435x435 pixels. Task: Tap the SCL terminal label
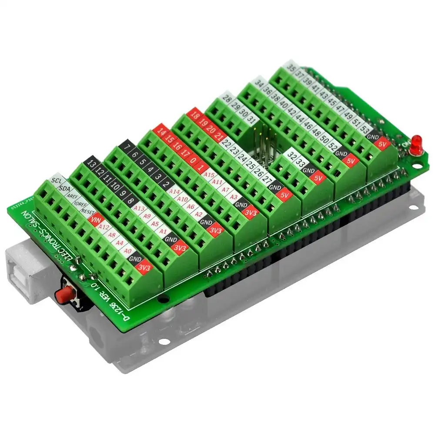pyautogui.click(x=56, y=180)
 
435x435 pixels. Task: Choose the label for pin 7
pyautogui.click(x=127, y=147)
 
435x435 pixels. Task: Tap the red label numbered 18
pyautogui.click(x=195, y=116)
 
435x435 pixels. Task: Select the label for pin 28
pyautogui.click(x=227, y=99)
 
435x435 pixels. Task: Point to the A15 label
pyautogui.click(x=210, y=174)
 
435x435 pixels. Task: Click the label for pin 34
pyautogui.click(x=260, y=83)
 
